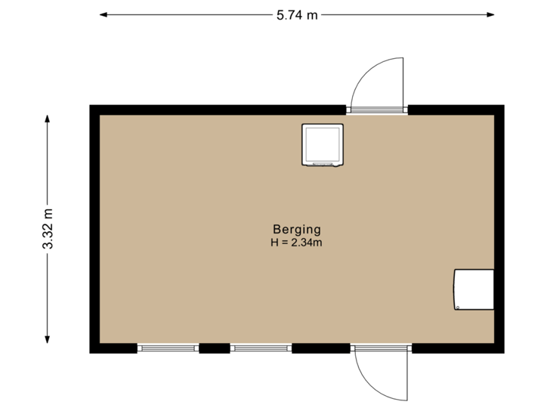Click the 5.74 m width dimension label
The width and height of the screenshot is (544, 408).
point(297,14)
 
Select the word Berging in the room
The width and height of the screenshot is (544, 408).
point(297,229)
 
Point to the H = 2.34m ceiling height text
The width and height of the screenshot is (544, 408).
point(297,242)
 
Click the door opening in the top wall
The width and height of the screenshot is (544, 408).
point(376,110)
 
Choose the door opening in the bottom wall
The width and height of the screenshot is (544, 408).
point(381,348)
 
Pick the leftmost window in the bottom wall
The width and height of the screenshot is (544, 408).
point(168,348)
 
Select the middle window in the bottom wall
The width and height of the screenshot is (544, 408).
point(261,348)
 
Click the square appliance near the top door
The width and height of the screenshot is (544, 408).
point(323,144)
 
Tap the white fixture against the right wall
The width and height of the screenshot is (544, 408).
point(474,289)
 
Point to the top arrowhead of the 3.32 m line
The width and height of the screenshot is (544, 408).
point(48,118)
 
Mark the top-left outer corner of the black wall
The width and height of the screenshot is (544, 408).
point(91,106)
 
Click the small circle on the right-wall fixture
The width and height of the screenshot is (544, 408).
point(459,306)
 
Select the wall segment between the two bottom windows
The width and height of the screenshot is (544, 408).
point(215,348)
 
